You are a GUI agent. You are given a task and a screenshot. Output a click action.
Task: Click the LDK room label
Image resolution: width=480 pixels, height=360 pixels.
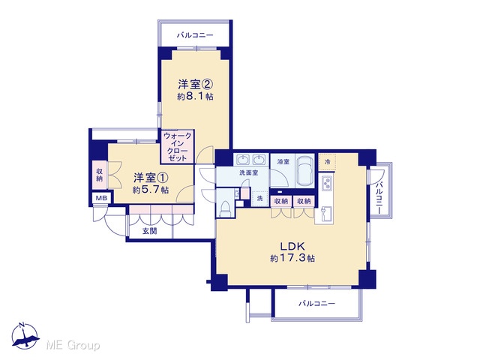292,246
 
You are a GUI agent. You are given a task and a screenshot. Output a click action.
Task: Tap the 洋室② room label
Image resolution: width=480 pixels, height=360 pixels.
195,85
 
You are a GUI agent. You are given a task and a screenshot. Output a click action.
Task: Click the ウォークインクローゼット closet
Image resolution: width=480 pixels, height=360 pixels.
178,147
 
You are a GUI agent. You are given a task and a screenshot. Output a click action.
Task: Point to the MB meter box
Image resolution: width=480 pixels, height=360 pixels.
101,198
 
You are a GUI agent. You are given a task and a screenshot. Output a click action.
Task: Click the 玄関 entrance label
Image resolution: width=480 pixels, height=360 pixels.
150,231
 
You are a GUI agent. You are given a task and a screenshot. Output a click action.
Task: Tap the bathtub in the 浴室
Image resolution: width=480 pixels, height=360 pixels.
305,171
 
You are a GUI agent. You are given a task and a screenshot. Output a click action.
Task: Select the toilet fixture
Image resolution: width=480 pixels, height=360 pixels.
225,208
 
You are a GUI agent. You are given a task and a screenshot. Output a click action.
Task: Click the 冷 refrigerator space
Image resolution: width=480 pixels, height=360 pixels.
327,162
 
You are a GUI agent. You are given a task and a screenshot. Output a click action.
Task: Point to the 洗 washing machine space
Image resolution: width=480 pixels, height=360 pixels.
260,198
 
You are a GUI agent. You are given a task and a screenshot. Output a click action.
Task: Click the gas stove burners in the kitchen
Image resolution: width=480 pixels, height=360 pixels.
327,184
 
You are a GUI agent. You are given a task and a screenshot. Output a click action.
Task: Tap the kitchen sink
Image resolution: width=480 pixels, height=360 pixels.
327,214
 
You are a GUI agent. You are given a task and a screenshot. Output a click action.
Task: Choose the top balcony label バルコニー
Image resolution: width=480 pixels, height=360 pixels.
195,35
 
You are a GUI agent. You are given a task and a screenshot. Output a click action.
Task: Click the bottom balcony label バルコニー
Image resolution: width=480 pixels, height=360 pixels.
316,304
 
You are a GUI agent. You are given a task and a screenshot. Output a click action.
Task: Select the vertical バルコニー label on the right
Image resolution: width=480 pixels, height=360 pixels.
379,198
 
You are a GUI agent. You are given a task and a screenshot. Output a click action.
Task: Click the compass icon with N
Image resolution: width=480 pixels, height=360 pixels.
25,336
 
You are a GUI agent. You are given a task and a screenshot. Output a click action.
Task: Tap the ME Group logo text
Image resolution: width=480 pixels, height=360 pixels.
73,346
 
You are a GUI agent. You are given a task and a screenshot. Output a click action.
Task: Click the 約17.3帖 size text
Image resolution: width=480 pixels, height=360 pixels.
292,259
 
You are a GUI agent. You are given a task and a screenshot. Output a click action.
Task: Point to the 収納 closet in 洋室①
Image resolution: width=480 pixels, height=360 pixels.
100,175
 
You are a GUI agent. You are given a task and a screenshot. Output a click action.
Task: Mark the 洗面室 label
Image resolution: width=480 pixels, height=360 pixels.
248,173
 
